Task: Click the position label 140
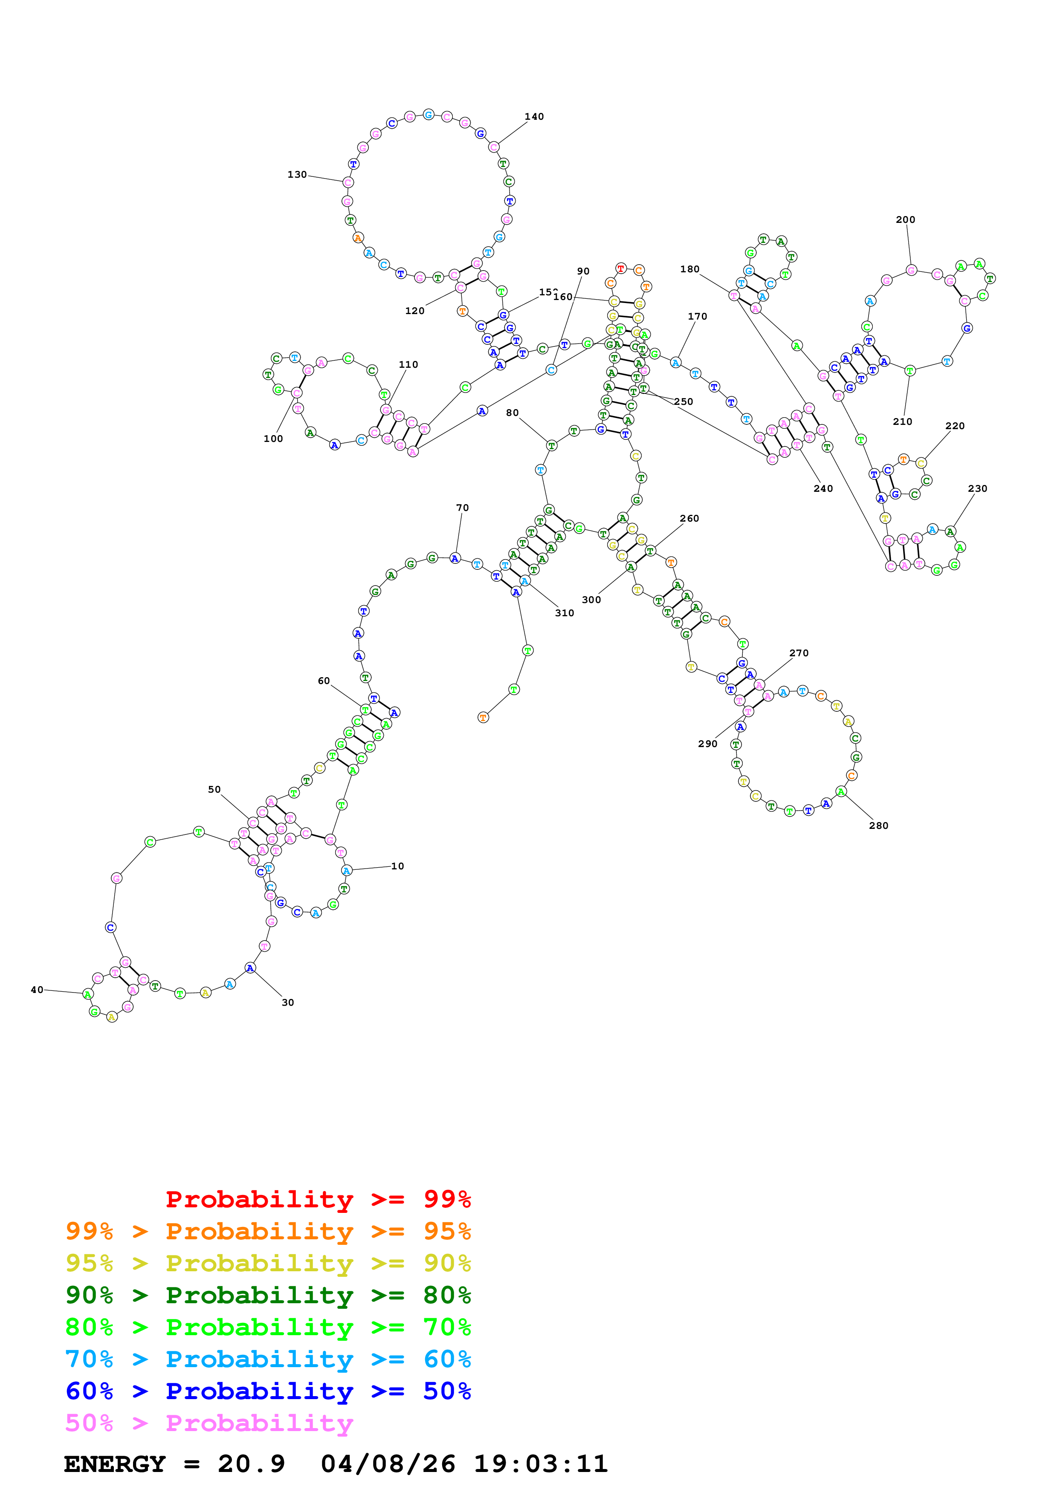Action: tap(534, 116)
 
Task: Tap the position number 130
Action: tap(297, 174)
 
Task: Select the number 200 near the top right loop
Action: tap(905, 219)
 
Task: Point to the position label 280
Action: tap(878, 825)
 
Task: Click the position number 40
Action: tap(37, 990)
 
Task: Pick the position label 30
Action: tap(288, 1003)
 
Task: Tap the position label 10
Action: tap(397, 866)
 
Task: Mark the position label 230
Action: tap(978, 488)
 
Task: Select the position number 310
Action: tap(565, 613)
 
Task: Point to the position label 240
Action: tap(823, 488)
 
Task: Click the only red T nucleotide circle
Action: tap(621, 268)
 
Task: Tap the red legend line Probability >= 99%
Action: tap(318, 1199)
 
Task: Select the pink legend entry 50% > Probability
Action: tap(209, 1423)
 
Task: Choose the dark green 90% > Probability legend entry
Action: tap(268, 1295)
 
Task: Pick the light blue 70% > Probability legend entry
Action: tap(268, 1359)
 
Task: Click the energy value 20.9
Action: tap(252, 1464)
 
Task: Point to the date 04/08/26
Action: tap(388, 1464)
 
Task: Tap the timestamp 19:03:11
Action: tap(541, 1464)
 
